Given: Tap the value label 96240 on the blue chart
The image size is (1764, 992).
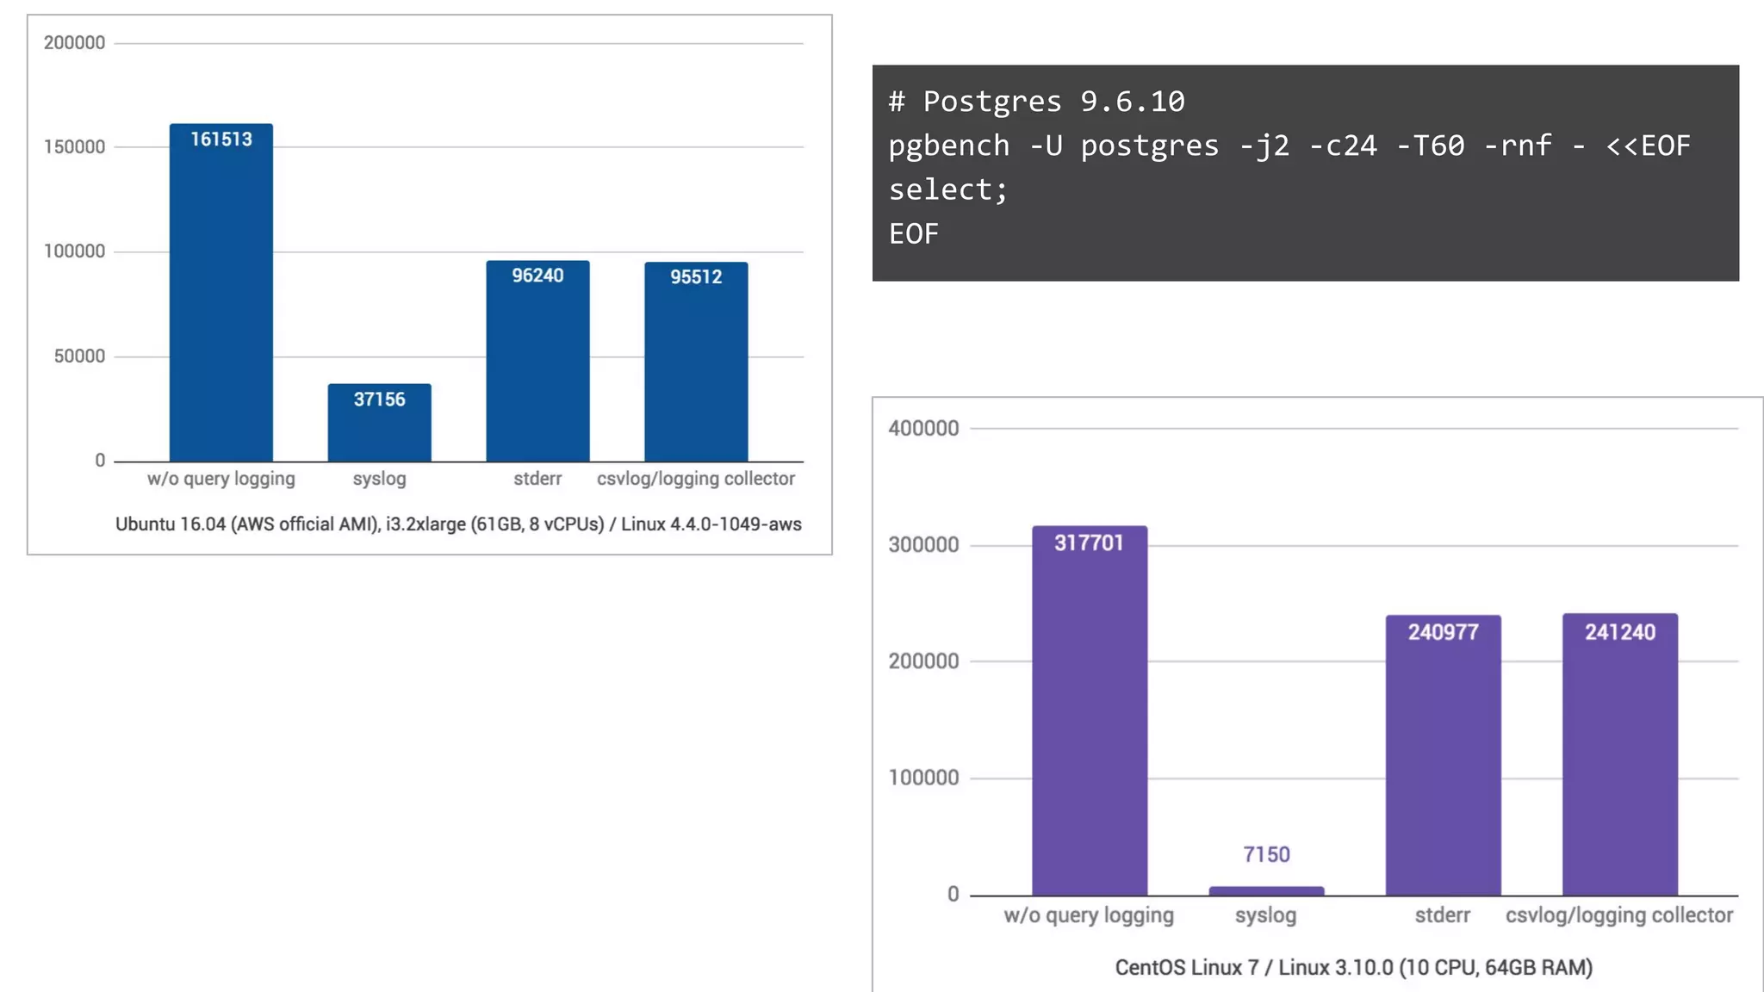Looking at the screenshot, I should pyautogui.click(x=537, y=276).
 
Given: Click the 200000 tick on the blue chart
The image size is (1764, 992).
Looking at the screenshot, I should pyautogui.click(x=75, y=43).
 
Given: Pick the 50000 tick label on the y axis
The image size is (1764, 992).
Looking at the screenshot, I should pyautogui.click(x=79, y=356).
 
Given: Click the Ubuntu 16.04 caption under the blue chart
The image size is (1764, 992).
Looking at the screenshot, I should pyautogui.click(x=458, y=524).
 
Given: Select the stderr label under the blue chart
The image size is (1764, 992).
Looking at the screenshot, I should pyautogui.click(x=537, y=479).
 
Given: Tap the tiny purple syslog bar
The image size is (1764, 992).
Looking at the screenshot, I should pyautogui.click(x=1266, y=890).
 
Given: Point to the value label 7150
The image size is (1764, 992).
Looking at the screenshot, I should pyautogui.click(x=1266, y=854).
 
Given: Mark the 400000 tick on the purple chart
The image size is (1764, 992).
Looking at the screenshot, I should pyautogui.click(x=923, y=428).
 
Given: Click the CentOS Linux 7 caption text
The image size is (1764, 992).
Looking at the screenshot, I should pyautogui.click(x=1353, y=968).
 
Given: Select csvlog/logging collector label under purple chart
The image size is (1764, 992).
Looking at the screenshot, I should pyautogui.click(x=1619, y=915).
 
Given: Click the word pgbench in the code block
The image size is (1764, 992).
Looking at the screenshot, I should pyautogui.click(x=948, y=146).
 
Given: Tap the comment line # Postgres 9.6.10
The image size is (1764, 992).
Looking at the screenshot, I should pyautogui.click(x=1037, y=102).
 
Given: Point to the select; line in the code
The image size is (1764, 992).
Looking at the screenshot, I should pyautogui.click(x=948, y=189).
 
